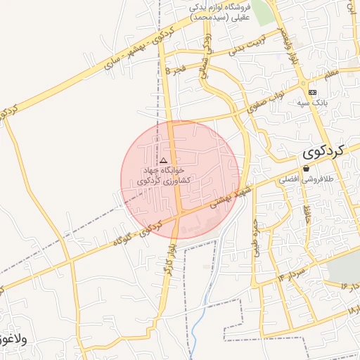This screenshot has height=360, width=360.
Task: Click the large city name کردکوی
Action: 326,150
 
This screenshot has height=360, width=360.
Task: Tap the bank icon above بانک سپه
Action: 312,92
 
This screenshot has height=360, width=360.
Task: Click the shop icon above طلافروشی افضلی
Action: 306,169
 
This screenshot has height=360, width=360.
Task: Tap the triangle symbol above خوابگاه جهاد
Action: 164,161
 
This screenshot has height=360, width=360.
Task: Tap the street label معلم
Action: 331,72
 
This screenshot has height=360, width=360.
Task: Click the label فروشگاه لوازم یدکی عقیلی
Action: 219,9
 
